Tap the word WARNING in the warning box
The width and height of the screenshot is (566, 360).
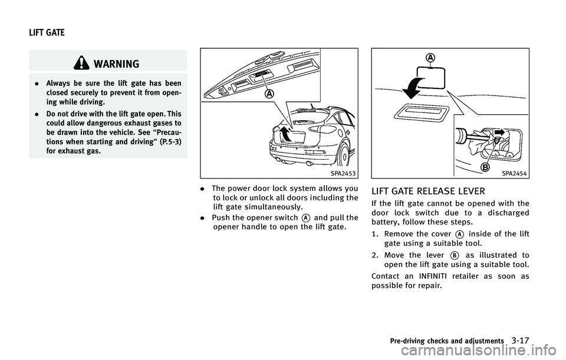[140, 63]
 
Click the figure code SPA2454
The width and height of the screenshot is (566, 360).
[515, 174]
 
